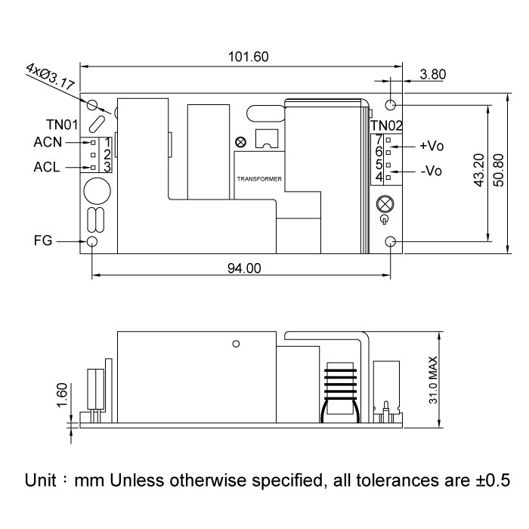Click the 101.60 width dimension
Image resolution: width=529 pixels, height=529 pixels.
(x=249, y=57)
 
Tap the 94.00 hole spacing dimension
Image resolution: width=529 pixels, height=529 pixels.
(x=243, y=268)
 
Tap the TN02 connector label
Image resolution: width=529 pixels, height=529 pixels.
(x=388, y=125)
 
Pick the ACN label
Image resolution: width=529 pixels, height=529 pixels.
(x=48, y=142)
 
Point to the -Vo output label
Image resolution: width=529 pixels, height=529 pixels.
(x=431, y=171)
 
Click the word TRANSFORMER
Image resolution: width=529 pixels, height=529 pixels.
(x=259, y=180)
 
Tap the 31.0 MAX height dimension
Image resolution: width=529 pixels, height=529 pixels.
(x=433, y=378)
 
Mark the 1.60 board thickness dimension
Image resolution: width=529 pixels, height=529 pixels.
(x=63, y=395)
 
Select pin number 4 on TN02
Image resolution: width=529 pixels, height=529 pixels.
(x=379, y=177)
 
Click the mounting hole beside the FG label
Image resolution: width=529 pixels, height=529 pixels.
(x=93, y=242)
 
